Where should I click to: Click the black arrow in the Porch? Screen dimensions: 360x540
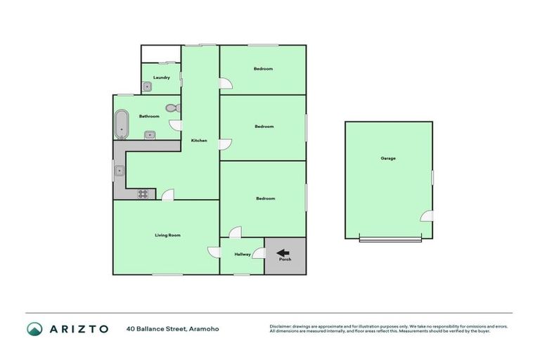coord(283,254)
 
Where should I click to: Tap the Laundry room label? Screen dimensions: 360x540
coord(162,77)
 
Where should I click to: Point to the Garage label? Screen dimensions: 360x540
coord(388,158)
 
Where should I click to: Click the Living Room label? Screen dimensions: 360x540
coord(168,235)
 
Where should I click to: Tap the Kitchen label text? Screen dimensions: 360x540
coord(199,141)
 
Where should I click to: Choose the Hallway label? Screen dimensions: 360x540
coord(243,255)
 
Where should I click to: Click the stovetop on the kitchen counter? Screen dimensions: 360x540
coord(145,193)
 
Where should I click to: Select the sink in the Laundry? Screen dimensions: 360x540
coord(148,87)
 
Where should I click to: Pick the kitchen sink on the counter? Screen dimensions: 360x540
coord(120,170)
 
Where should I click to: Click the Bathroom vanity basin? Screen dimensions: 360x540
coord(150,134)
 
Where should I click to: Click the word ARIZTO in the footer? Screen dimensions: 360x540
coord(79,328)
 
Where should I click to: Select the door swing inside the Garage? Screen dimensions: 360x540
coord(427,217)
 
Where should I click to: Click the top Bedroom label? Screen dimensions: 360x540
coord(263,69)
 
